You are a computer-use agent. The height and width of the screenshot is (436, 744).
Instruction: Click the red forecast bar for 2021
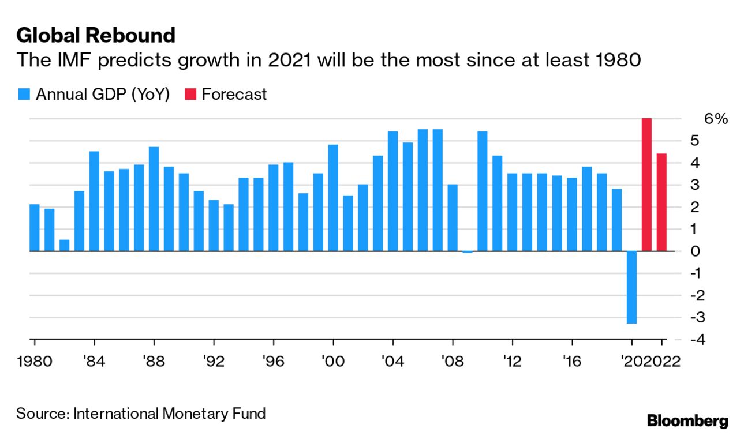tap(646, 185)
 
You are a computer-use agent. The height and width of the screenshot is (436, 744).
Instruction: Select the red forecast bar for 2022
tap(661, 202)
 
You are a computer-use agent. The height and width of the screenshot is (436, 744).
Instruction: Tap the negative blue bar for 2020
tap(631, 287)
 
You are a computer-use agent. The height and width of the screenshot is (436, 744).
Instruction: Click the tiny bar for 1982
tap(64, 246)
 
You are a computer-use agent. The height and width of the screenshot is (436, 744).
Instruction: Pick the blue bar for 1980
tap(35, 228)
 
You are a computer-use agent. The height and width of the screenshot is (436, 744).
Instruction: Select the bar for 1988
tap(154, 199)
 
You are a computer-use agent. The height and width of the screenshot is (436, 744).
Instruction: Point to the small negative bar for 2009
tap(468, 252)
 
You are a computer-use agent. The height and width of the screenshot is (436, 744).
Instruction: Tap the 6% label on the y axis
tap(716, 119)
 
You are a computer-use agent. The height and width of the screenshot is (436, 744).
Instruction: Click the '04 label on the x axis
tap(393, 362)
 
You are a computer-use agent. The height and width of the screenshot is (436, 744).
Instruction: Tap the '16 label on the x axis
tap(571, 362)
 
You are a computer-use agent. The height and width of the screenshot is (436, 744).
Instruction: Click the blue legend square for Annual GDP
tap(24, 95)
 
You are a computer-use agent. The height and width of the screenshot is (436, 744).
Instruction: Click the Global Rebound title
tap(95, 36)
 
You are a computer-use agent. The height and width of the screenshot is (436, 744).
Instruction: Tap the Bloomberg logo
tap(687, 420)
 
